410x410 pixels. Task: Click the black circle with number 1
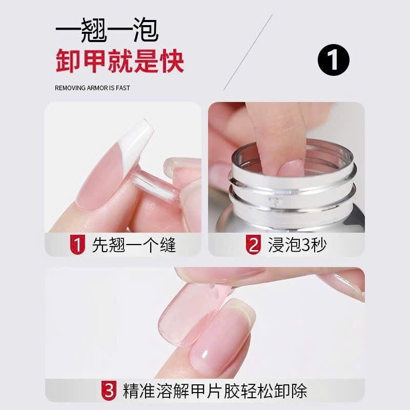[334, 60]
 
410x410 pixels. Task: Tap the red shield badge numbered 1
[77, 244]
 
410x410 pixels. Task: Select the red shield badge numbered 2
[253, 244]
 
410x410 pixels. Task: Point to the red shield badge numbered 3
[109, 391]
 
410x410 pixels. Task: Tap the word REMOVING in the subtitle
[70, 88]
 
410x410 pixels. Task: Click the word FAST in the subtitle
[123, 88]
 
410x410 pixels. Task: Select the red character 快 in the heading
[172, 61]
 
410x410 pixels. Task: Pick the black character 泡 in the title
[146, 30]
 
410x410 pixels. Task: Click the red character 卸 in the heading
[68, 61]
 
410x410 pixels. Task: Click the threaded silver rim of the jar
[293, 183]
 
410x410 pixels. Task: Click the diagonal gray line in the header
[248, 52]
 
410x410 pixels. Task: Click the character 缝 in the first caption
[168, 244]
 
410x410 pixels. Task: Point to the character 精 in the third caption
[131, 391]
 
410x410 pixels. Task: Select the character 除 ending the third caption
[299, 391]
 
